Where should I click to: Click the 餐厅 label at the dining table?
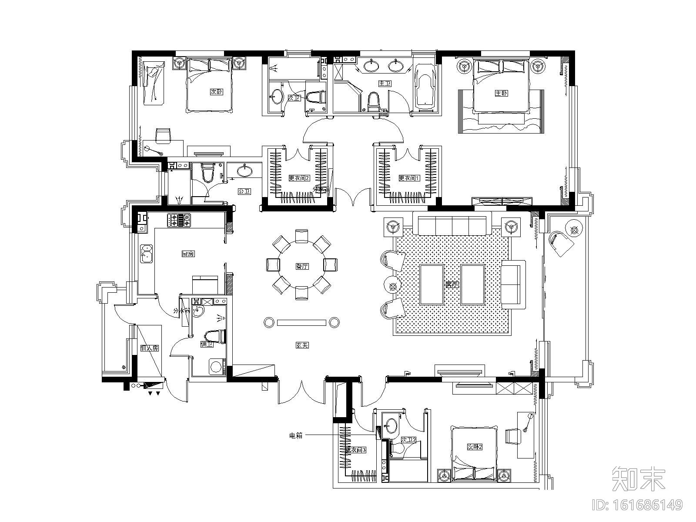(302, 267)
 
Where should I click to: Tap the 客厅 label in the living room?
(452, 285)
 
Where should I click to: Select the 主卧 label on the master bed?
(501, 93)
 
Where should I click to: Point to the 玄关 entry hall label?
(302, 345)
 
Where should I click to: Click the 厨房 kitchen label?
(187, 254)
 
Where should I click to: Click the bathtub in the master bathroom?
(425, 87)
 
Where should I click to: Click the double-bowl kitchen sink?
(146, 254)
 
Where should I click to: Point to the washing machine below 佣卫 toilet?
(216, 367)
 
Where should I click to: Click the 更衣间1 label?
(407, 178)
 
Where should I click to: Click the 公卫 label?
(244, 191)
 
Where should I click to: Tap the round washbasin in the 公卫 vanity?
(245, 171)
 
